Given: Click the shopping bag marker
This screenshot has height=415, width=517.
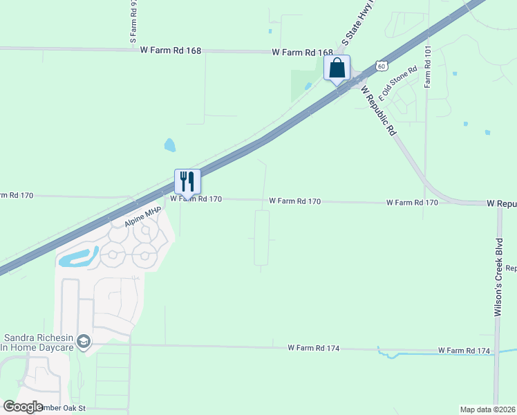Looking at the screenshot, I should (x=337, y=68).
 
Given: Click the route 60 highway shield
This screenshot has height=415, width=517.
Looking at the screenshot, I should (x=382, y=66).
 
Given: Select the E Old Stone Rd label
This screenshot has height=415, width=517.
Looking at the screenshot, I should (x=399, y=82).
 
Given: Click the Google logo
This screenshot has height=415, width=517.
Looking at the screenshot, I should (x=23, y=407).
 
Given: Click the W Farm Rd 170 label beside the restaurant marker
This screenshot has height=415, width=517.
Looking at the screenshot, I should (x=196, y=199).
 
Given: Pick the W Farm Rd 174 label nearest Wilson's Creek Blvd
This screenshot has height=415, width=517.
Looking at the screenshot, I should (x=464, y=351).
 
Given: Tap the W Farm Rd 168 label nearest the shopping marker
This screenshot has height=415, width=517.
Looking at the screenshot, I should (x=302, y=53).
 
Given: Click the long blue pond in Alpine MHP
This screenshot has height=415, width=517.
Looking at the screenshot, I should (x=78, y=259).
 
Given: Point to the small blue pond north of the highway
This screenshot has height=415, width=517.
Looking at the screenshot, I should (x=169, y=145).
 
